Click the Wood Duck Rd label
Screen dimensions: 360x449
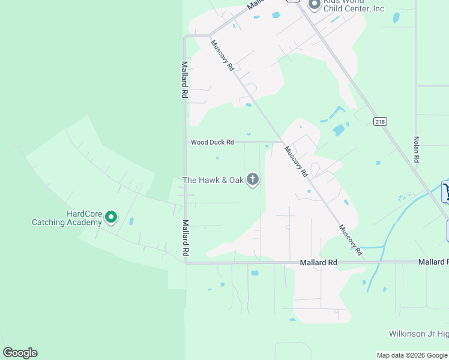coord(212,142)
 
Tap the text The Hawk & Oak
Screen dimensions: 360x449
coord(213,180)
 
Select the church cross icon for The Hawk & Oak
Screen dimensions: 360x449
coord(253,179)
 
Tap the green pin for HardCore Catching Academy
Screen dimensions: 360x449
coord(111,217)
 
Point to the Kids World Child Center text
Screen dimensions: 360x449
coord(354,5)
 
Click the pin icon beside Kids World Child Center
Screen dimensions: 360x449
coord(314,4)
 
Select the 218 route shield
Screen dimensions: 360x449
coord(379,122)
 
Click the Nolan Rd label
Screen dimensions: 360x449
coord(415,150)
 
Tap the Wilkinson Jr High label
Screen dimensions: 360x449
coord(418,333)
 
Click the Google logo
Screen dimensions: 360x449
coord(20,353)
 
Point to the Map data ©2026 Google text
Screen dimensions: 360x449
coord(412,355)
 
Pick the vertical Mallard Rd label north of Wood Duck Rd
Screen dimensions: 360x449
coord(185,80)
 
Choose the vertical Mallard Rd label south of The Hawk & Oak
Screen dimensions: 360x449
coord(185,238)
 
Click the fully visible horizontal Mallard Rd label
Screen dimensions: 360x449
coord(319,263)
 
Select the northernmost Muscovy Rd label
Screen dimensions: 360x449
coord(222,55)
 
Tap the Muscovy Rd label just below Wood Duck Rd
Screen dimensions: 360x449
coord(296,162)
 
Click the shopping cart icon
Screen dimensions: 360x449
coord(446,192)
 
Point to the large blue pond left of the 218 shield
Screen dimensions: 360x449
coord(339,130)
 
